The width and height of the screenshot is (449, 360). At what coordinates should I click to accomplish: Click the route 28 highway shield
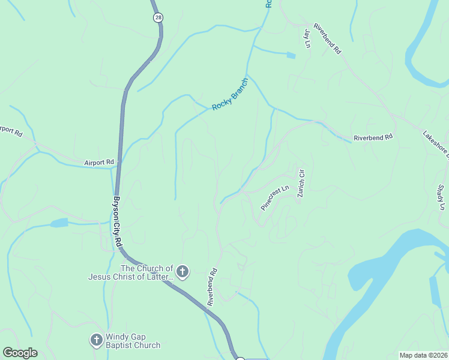pyautogui.click(x=157, y=17)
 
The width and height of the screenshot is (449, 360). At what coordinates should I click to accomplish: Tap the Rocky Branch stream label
pyautogui.click(x=230, y=94)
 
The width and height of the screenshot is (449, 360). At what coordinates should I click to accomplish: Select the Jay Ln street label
pyautogui.click(x=307, y=38)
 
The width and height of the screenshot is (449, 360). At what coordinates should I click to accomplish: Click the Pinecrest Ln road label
pyautogui.click(x=275, y=197)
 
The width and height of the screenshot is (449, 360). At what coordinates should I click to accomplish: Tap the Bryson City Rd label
pyautogui.click(x=118, y=222)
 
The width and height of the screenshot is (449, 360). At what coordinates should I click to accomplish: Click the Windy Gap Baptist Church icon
pyautogui.click(x=95, y=340)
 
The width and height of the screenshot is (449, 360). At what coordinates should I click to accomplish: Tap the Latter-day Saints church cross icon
pyautogui.click(x=182, y=272)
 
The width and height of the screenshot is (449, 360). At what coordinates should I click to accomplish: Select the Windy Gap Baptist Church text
pyautogui.click(x=133, y=341)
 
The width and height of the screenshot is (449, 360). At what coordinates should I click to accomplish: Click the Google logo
pyautogui.click(x=20, y=353)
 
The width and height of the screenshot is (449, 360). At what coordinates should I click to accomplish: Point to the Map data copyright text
pyautogui.click(x=424, y=355)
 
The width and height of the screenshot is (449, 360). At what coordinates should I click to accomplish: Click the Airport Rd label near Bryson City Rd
pyautogui.click(x=99, y=162)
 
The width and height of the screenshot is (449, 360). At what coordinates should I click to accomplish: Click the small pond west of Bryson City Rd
pyautogui.click(x=59, y=223)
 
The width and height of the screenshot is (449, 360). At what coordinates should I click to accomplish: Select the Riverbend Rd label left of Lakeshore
pyautogui.click(x=372, y=137)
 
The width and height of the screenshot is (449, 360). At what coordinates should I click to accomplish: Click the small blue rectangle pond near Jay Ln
pyautogui.click(x=291, y=56)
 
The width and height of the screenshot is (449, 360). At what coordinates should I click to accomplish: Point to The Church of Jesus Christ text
pyautogui.click(x=131, y=272)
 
